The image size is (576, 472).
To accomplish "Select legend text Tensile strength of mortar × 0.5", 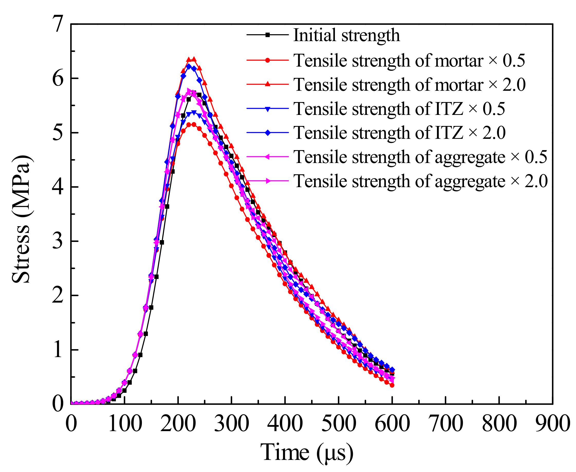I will coord(409,60).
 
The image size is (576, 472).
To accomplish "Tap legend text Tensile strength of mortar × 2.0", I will coord(409,85).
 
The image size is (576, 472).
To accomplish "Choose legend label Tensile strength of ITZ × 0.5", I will coord(399,109).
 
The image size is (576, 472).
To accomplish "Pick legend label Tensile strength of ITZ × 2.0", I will coord(399,133).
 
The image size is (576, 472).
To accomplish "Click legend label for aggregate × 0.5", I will coord(420,157).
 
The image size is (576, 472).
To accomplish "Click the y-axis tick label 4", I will coord(58,187).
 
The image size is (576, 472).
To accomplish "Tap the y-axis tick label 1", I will coord(58,350).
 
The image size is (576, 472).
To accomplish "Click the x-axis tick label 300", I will coord(231,423).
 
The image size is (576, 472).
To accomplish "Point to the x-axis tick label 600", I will coord(392,423).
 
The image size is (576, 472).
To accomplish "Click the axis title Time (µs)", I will coord(307,452).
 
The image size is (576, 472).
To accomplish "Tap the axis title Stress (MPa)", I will coord(21,219).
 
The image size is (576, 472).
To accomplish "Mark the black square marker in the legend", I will coord(268,35).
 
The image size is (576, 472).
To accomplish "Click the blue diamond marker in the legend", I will coord(268,133).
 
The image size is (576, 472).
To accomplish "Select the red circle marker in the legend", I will coord(268,60).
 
